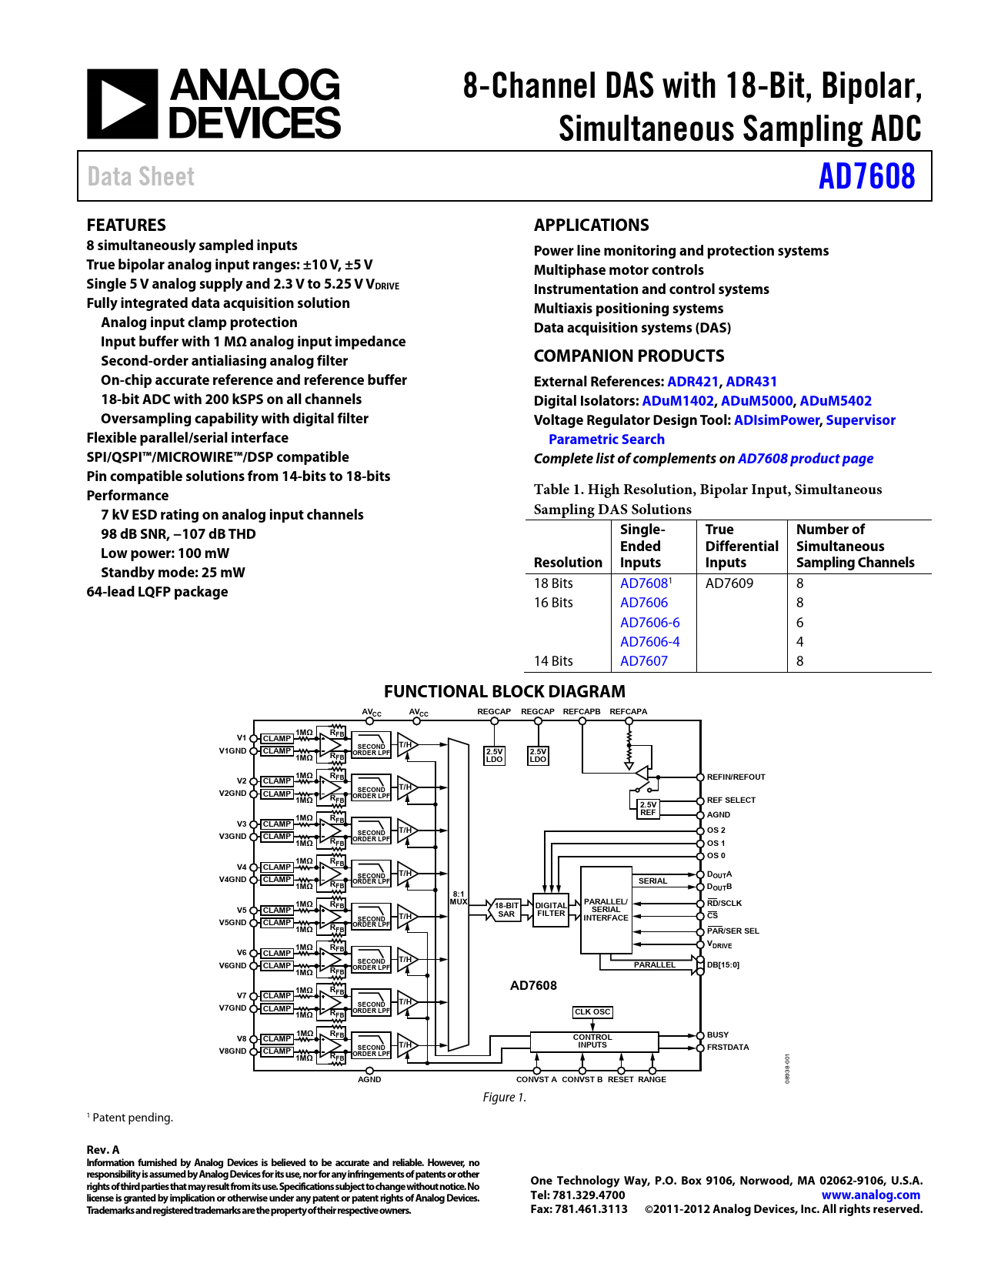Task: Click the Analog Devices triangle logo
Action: click(122, 104)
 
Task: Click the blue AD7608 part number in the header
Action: click(866, 176)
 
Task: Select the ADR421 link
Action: click(692, 382)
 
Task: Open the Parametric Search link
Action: click(606, 439)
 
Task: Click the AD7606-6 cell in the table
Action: click(649, 623)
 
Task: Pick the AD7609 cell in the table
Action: click(729, 583)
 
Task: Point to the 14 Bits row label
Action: click(553, 661)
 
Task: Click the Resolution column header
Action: click(568, 563)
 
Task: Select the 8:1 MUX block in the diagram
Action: click(459, 897)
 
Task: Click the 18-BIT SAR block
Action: click(506, 910)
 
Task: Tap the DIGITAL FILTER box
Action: click(551, 910)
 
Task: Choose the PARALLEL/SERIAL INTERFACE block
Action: click(606, 910)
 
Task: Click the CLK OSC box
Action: click(592, 1012)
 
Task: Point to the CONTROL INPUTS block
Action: click(592, 1041)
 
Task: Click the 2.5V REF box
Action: click(648, 808)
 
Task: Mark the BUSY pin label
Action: click(718, 1035)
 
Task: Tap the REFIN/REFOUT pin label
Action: click(736, 777)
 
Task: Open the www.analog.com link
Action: click(870, 1195)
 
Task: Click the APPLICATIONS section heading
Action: click(591, 226)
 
